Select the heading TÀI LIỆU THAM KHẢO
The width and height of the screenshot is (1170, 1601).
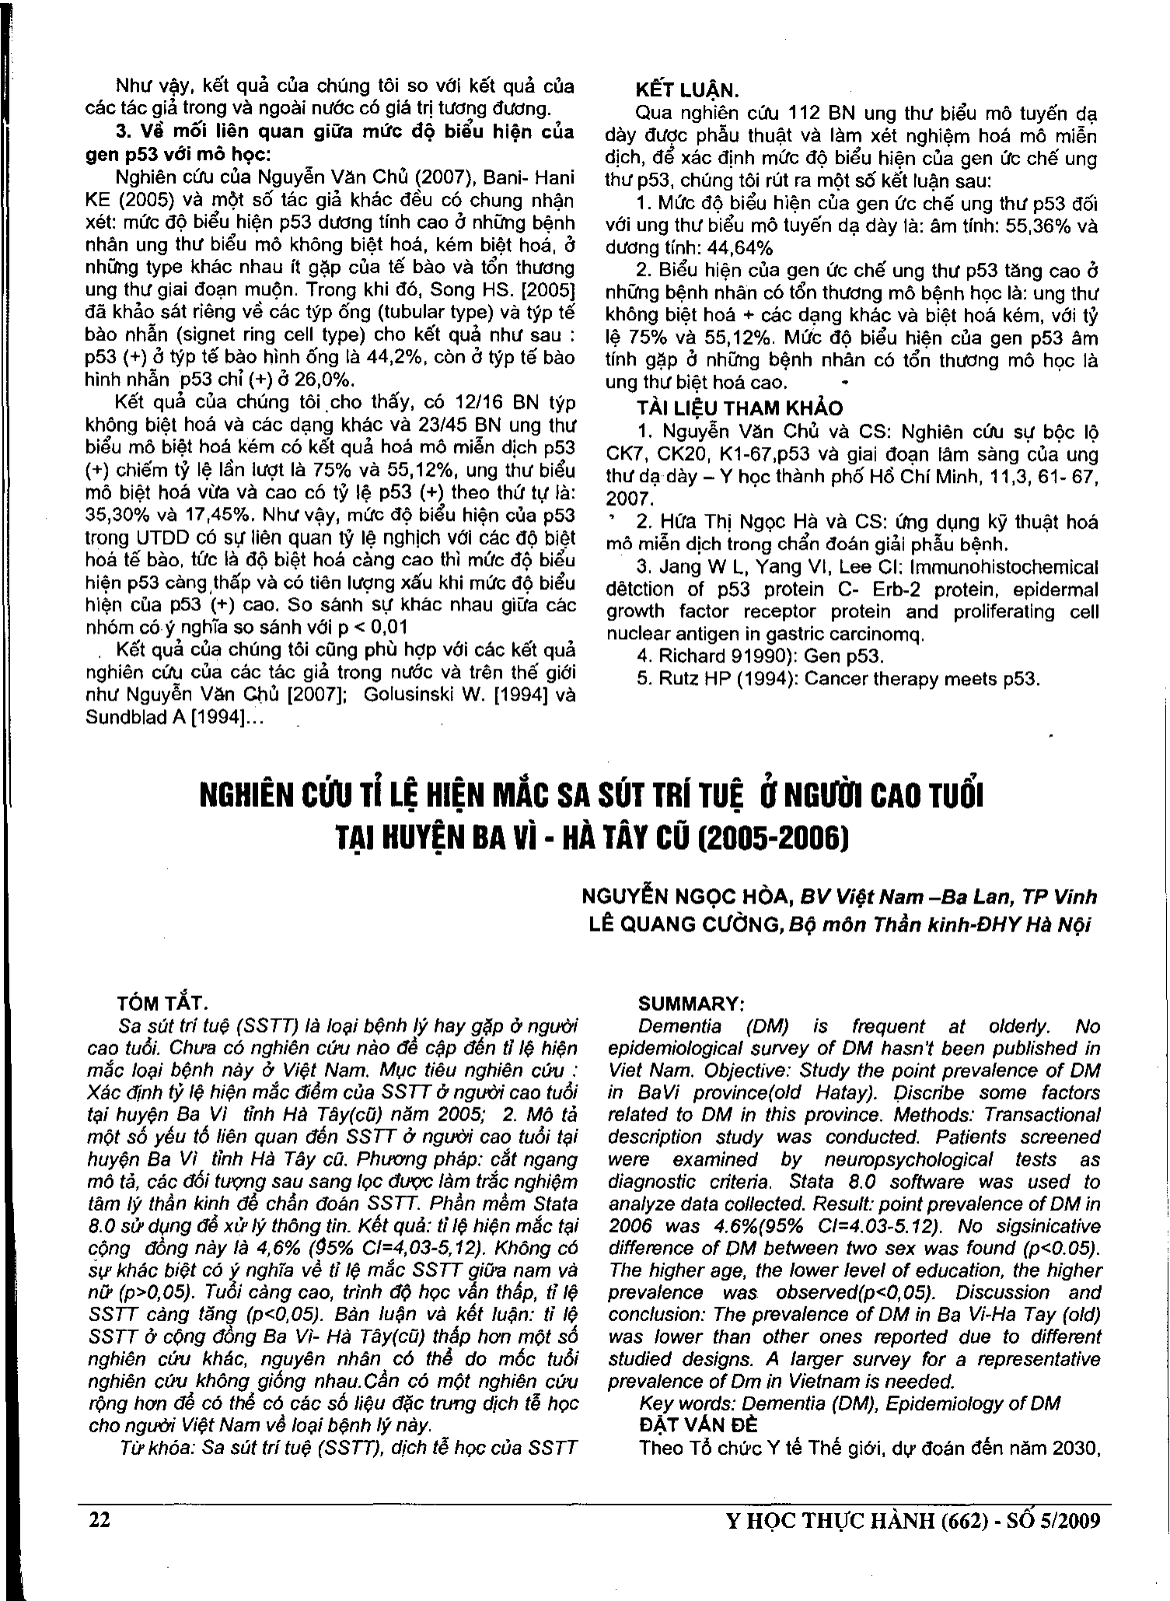pyautogui.click(x=739, y=407)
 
